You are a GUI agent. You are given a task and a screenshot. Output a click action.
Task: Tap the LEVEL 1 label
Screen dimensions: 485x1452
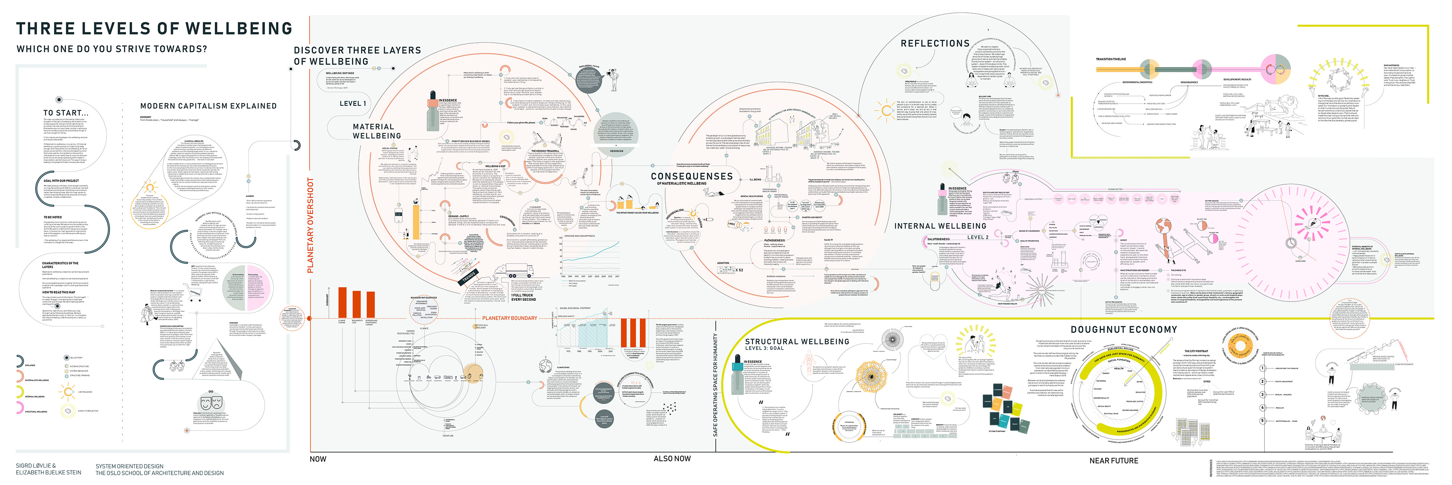(x=352, y=104)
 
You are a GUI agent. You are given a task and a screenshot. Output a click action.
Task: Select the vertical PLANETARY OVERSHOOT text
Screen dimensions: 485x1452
(x=310, y=225)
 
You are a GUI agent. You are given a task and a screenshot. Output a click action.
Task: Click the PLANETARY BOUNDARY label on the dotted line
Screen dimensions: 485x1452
(x=509, y=319)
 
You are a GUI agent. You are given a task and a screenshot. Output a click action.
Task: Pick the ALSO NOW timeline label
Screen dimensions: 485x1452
(x=672, y=459)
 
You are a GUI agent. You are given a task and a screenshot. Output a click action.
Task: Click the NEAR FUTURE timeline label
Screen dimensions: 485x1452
(x=1113, y=461)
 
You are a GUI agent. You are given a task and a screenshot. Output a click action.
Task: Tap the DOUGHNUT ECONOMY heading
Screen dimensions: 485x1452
(x=1123, y=330)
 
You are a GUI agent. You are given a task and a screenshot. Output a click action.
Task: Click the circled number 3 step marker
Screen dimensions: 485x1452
(x=1263, y=394)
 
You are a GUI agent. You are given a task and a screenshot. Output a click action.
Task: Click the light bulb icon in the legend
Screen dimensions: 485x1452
(x=68, y=392)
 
